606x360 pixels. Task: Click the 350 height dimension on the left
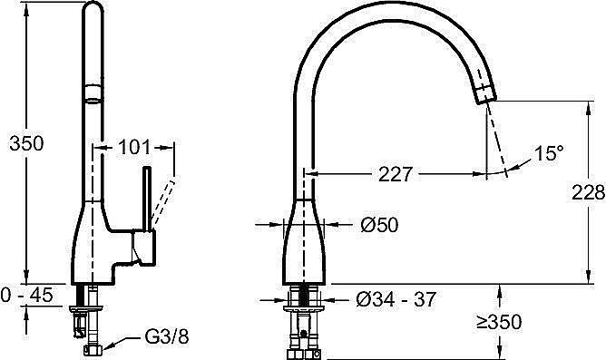pyautogui.click(x=26, y=143)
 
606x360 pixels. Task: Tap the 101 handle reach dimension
pyautogui.click(x=133, y=147)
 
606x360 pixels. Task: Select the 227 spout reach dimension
pyautogui.click(x=396, y=174)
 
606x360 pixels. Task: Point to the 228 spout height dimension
pyautogui.click(x=588, y=192)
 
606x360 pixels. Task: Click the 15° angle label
pyautogui.click(x=549, y=153)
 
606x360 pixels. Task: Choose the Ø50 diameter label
pyautogui.click(x=379, y=225)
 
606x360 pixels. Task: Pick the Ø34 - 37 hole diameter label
pyautogui.click(x=396, y=299)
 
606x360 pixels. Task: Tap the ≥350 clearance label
pyautogui.click(x=499, y=322)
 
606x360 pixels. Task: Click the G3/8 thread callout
pyautogui.click(x=167, y=336)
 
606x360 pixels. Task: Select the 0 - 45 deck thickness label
pyautogui.click(x=26, y=295)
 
